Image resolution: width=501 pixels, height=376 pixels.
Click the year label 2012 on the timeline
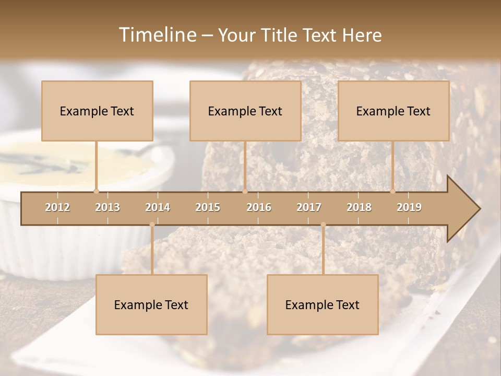pyautogui.click(x=57, y=207)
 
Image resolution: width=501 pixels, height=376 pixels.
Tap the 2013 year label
pyautogui.click(x=108, y=207)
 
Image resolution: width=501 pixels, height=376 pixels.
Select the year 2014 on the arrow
pyautogui.click(x=158, y=207)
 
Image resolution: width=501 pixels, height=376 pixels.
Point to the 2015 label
pyautogui.click(x=208, y=207)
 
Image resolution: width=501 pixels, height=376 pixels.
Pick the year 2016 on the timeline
pyautogui.click(x=259, y=207)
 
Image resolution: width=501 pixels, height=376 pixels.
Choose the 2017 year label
pyautogui.click(x=309, y=207)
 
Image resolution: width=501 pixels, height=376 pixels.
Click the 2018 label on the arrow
pyautogui.click(x=359, y=207)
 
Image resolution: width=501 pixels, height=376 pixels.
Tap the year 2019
pyautogui.click(x=409, y=207)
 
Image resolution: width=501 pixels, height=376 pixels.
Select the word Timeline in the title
pyautogui.click(x=157, y=35)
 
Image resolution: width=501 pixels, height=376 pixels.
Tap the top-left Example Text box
pyautogui.click(x=97, y=111)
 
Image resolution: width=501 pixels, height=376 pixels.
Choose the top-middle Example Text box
pyautogui.click(x=245, y=111)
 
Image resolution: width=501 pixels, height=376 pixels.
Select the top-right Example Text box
pyautogui.click(x=393, y=111)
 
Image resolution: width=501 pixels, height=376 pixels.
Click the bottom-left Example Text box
pyautogui.click(x=151, y=304)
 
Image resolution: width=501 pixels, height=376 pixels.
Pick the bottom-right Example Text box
pyautogui.click(x=323, y=304)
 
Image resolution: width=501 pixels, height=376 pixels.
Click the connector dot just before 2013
pyautogui.click(x=96, y=191)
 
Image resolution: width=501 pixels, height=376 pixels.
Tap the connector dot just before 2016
pyautogui.click(x=245, y=191)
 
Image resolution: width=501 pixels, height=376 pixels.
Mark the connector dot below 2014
pyautogui.click(x=152, y=225)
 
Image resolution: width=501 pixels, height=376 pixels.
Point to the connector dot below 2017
pyautogui.click(x=323, y=225)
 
